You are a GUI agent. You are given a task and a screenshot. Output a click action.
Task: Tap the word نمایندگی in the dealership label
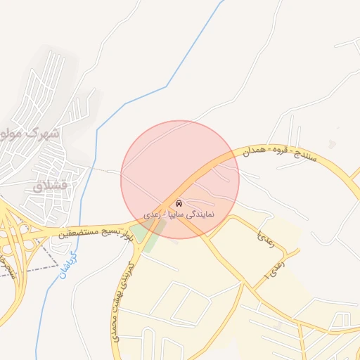[198, 212]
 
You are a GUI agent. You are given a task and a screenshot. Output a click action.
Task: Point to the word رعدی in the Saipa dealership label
[152, 212]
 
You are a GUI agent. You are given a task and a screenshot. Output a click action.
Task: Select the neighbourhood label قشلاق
[49, 186]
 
